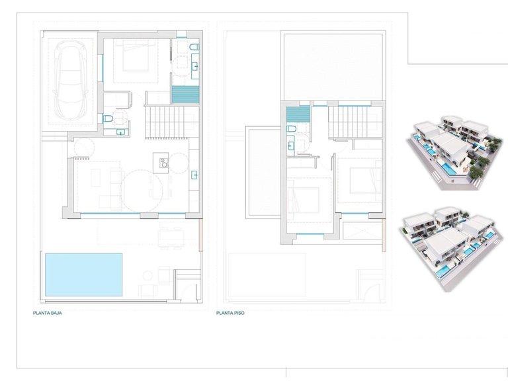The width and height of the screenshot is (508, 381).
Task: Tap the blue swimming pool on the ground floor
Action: pos(83,275)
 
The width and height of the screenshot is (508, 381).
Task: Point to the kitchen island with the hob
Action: pos(161,161)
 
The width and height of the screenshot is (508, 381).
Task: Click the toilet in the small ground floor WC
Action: pos(108,119)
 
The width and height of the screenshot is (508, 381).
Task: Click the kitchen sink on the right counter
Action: pos(194,175)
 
